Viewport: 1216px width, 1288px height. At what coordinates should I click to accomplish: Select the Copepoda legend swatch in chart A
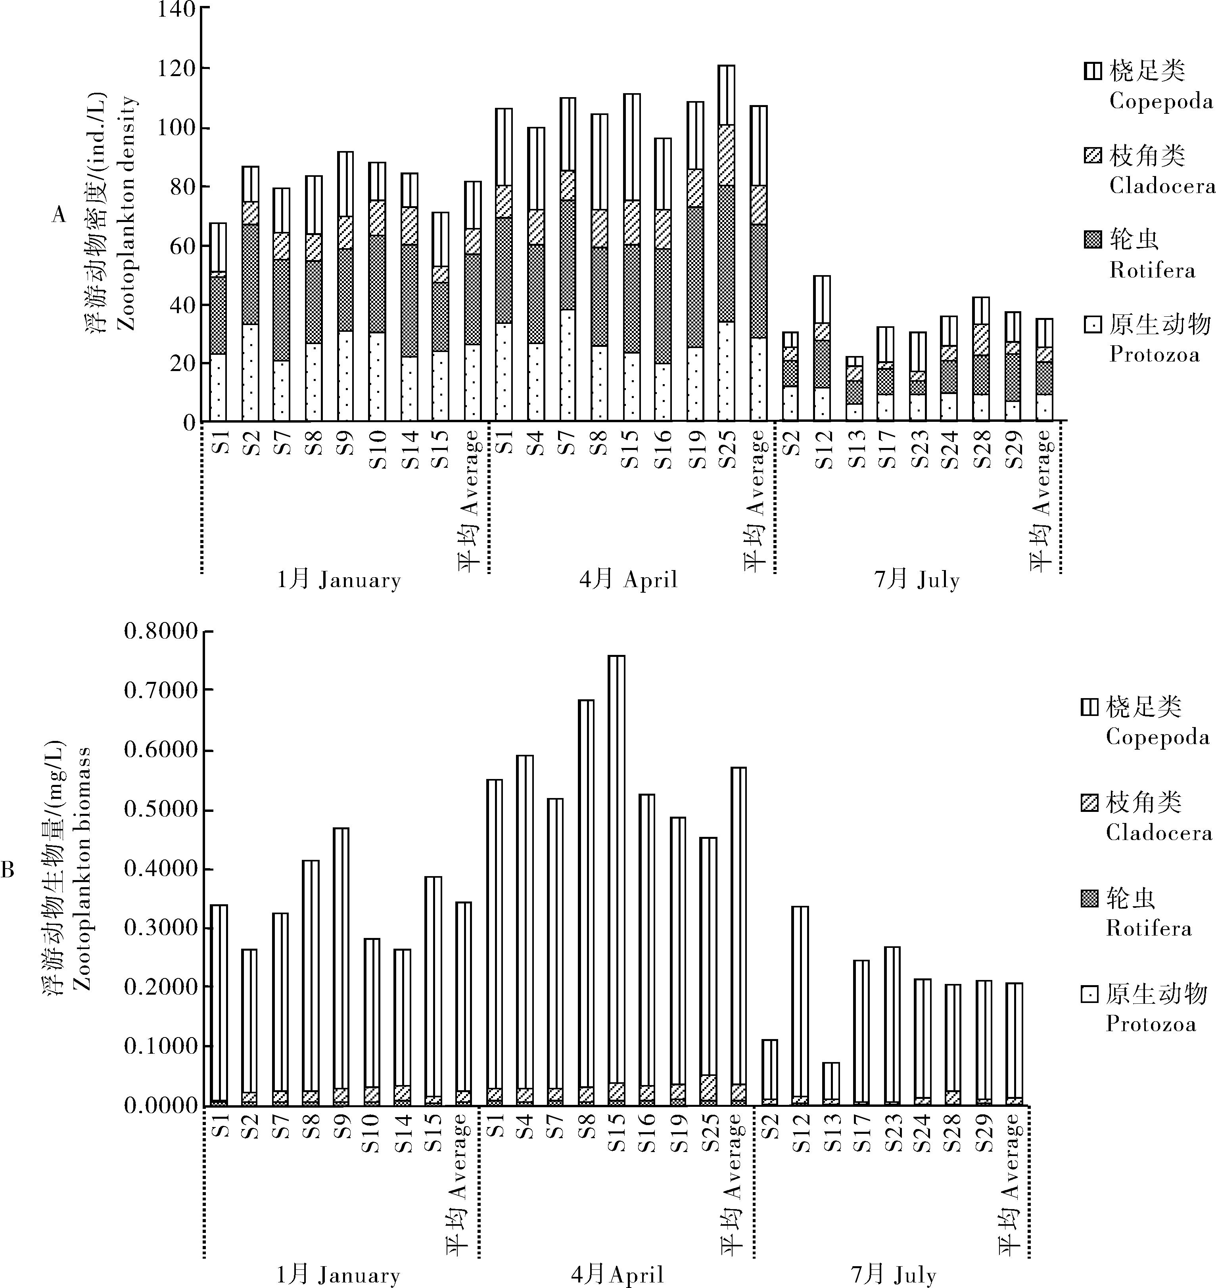tap(1092, 70)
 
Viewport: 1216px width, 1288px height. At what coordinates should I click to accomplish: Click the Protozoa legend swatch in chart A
tap(1092, 323)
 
